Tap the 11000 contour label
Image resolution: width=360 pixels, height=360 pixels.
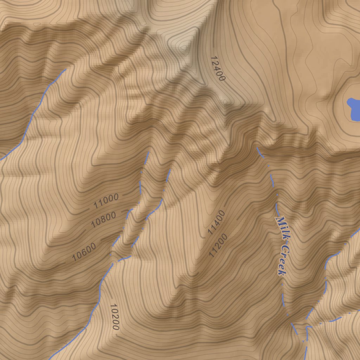click(x=106, y=201)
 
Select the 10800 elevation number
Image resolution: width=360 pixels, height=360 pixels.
click(x=103, y=220)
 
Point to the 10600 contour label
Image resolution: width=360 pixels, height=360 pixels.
click(x=84, y=252)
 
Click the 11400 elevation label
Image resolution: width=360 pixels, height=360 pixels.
click(x=216, y=223)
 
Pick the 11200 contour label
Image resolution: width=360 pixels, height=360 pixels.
click(x=218, y=245)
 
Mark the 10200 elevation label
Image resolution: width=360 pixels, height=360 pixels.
click(x=114, y=317)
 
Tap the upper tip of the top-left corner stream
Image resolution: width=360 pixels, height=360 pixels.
click(x=66, y=69)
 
